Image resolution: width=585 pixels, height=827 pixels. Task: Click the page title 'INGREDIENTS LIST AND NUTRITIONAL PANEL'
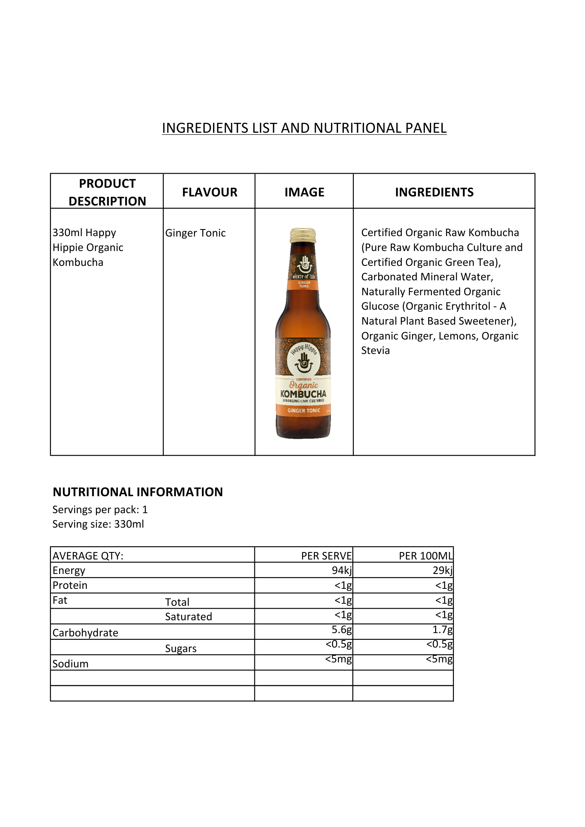point(304,128)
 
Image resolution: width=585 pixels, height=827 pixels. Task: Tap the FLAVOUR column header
point(209,192)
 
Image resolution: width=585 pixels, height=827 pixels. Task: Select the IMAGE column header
point(304,192)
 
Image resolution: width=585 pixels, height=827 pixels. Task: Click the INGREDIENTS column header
point(434,192)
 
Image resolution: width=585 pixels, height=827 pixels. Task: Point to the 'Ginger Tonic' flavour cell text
point(195,233)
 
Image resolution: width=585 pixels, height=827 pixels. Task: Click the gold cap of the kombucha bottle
point(303,234)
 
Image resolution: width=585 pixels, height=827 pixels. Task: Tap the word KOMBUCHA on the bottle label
point(303,394)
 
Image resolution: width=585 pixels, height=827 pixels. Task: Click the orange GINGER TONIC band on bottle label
point(304,411)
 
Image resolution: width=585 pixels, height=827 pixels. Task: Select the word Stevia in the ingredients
point(375,351)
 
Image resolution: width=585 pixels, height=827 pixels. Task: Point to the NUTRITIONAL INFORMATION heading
point(138,492)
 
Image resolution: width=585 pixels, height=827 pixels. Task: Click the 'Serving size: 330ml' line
point(98,524)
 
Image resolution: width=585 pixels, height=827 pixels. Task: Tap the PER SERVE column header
point(326,556)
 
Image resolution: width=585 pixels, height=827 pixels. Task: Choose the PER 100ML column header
point(425,556)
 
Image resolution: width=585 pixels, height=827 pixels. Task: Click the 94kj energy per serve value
point(341,571)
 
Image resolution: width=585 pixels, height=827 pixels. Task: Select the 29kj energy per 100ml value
point(442,571)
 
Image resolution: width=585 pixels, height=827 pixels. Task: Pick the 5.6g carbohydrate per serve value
point(341,630)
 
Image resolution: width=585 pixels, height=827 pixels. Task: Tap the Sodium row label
point(70,664)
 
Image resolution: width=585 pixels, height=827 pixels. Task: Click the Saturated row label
point(188,617)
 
